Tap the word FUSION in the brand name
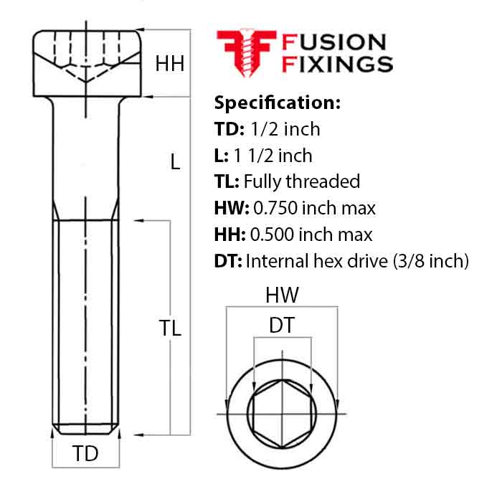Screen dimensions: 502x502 click(334, 43)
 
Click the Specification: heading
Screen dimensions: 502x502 click(277, 103)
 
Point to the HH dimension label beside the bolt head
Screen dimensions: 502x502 click(170, 64)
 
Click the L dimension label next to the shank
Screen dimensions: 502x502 click(175, 162)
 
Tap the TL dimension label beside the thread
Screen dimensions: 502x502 click(170, 328)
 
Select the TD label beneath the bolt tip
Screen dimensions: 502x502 click(86, 453)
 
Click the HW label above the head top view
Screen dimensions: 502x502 click(282, 295)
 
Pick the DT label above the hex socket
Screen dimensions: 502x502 click(281, 326)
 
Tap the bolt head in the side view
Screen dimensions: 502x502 click(86, 62)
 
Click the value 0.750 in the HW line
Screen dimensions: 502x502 click(275, 208)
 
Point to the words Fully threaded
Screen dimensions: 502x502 click(302, 181)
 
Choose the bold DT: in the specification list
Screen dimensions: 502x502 click(229, 261)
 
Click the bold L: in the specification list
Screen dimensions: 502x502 click(222, 155)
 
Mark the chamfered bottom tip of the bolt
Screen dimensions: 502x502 click(86, 430)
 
